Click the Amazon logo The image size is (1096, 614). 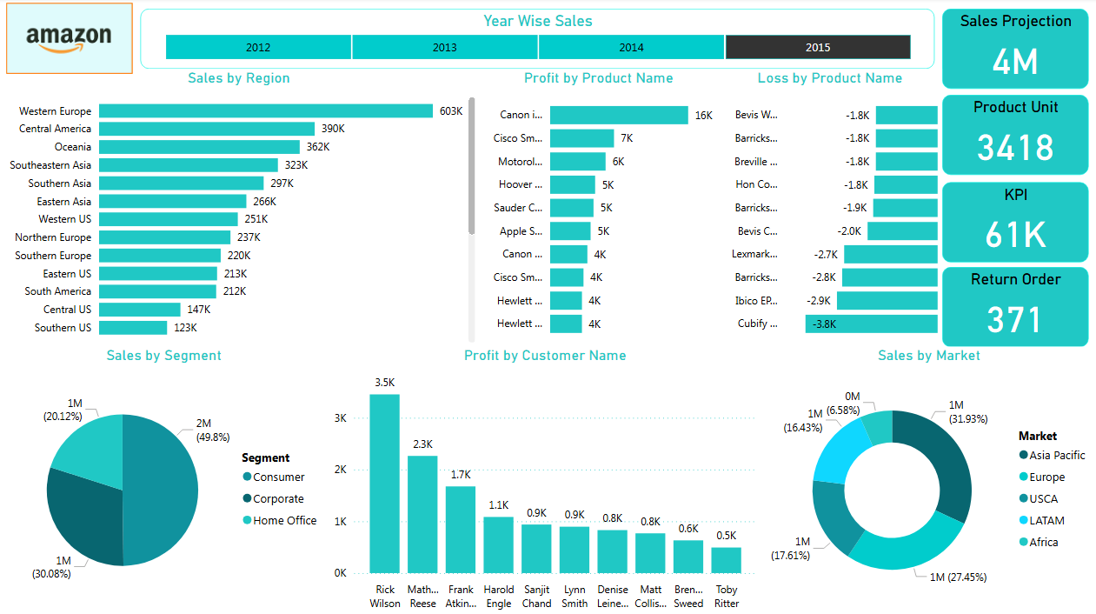tap(69, 38)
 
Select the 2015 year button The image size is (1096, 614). tap(817, 47)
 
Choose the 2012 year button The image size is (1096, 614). tap(258, 47)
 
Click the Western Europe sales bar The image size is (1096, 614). tap(265, 110)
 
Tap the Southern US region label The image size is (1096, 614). tap(63, 328)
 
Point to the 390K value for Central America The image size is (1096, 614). tap(333, 129)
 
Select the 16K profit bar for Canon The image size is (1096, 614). tap(619, 115)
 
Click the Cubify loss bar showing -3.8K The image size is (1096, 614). tap(871, 324)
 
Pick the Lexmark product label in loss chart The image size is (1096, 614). tap(754, 254)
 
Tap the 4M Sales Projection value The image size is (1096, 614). tap(1014, 62)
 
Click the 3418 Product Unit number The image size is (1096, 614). tap(1014, 148)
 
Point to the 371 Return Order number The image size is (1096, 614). tap(1014, 320)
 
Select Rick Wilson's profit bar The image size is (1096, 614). tap(385, 484)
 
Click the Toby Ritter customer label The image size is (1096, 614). tap(727, 597)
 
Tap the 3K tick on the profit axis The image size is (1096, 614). tap(340, 417)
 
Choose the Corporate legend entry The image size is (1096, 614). tap(278, 499)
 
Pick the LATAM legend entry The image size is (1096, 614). tap(1046, 521)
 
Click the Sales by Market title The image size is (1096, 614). tap(928, 356)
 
